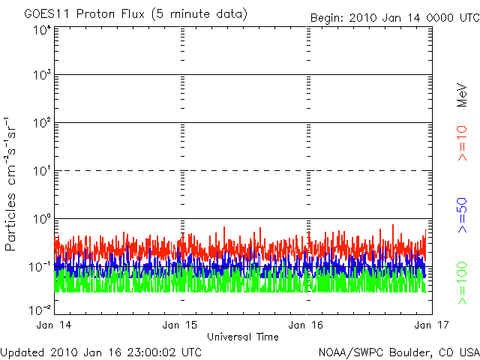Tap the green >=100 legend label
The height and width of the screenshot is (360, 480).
coord(462,283)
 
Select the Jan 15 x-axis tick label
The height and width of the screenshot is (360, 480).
coord(181,325)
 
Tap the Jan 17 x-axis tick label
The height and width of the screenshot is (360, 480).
coord(429,325)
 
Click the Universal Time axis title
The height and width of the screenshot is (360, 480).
coord(242,337)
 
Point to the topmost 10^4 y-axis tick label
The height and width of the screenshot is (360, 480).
coord(41,29)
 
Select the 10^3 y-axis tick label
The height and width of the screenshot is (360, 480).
coord(41,76)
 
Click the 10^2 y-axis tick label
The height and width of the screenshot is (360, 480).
coord(41,124)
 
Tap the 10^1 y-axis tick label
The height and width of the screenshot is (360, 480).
coord(41,171)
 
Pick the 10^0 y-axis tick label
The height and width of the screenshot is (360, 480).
coord(41,219)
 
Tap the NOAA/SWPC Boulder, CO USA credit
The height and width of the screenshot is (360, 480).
coord(398,352)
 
